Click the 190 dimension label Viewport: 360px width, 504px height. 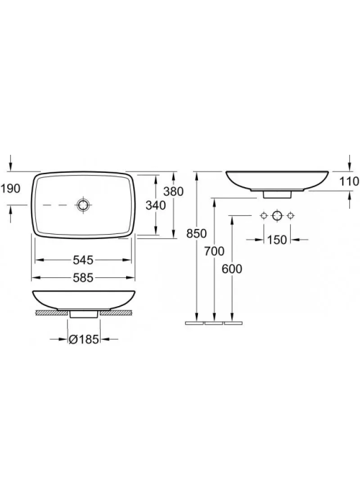[10, 189]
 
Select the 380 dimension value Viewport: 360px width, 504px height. [174, 192]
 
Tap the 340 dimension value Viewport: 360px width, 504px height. [156, 205]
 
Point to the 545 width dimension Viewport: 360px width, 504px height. [83, 260]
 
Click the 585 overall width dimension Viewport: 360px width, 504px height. [83, 277]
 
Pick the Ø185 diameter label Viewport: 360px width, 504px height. [84, 339]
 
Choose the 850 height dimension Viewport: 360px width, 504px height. [197, 233]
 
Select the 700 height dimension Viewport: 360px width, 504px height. [214, 251]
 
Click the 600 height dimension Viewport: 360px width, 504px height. [232, 269]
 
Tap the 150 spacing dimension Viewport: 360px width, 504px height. [276, 240]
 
